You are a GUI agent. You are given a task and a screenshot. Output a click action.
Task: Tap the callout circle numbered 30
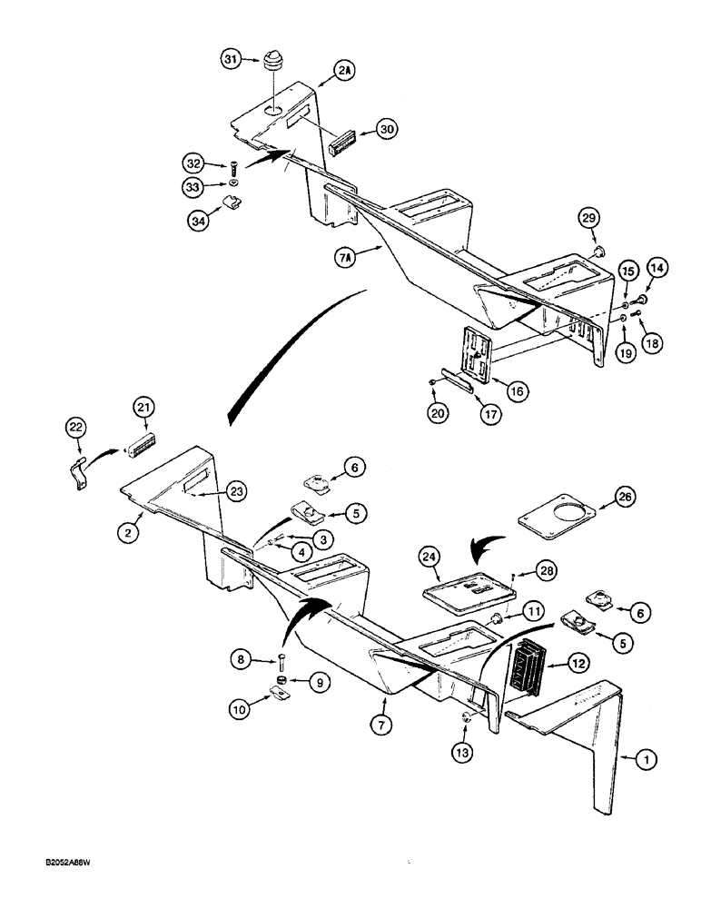(387, 130)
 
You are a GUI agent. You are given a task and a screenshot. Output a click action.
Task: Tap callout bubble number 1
(646, 765)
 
